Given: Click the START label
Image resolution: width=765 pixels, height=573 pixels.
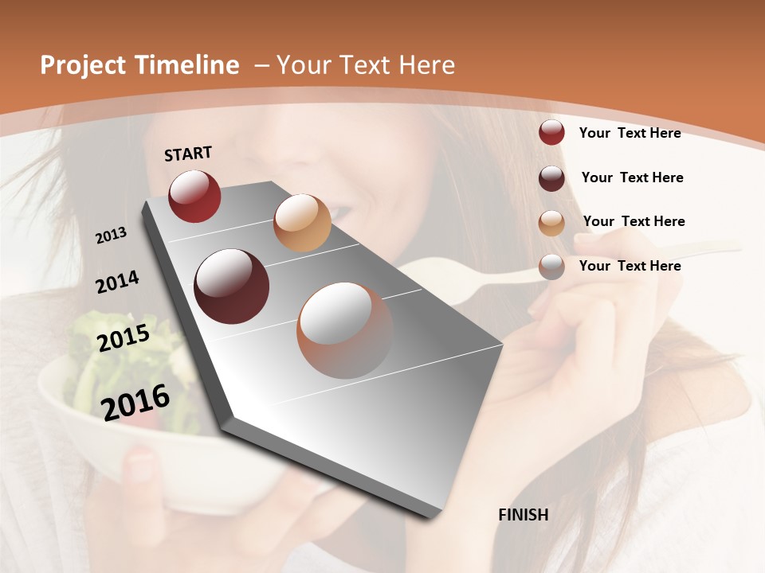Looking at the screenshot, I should (188, 154).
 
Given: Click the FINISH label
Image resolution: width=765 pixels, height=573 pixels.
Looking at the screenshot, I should (523, 515).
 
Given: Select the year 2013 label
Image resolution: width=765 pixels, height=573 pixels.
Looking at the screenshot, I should (111, 236).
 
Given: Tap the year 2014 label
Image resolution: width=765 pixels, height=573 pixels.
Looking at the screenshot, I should (117, 283).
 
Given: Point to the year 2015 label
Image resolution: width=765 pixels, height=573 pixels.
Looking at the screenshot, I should (123, 338).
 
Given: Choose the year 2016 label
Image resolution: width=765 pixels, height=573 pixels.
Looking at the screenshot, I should (135, 402).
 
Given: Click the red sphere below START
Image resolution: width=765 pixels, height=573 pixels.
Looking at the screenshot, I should (194, 196).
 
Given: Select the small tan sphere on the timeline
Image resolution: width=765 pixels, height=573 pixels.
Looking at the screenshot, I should (302, 223).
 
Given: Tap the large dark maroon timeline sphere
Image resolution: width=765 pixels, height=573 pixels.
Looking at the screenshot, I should (232, 286).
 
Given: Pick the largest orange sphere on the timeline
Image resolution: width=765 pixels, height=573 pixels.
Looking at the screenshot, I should (344, 329).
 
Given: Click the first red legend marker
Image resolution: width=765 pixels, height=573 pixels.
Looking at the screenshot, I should (551, 132).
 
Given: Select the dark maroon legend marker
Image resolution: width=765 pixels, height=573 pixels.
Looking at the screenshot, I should (551, 178).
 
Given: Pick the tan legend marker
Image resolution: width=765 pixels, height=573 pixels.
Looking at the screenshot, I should (551, 223).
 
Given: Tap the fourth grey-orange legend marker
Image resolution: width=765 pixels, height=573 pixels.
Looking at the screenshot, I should (551, 267).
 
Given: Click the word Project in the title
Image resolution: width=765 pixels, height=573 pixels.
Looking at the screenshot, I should (83, 65).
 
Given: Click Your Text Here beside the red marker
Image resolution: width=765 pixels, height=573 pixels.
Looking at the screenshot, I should (630, 133).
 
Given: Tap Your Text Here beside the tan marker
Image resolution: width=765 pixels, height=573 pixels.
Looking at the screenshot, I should (634, 221).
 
